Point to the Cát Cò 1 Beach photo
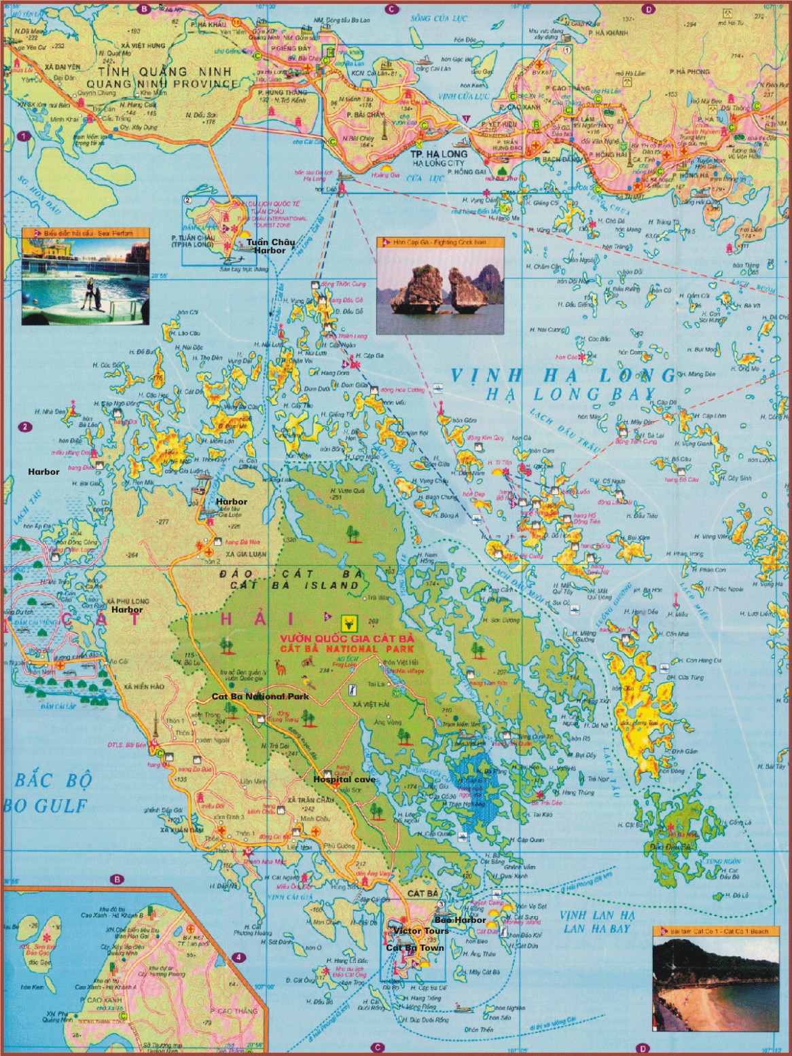716,984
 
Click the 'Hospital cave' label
344,780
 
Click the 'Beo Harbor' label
461,920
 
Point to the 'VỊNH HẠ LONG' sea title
563,376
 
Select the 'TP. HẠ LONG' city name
439,154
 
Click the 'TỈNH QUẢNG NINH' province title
164,71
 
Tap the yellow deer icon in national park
351,621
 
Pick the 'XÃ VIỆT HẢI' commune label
371,706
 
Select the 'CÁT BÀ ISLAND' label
294,585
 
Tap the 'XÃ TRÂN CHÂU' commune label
310,801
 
